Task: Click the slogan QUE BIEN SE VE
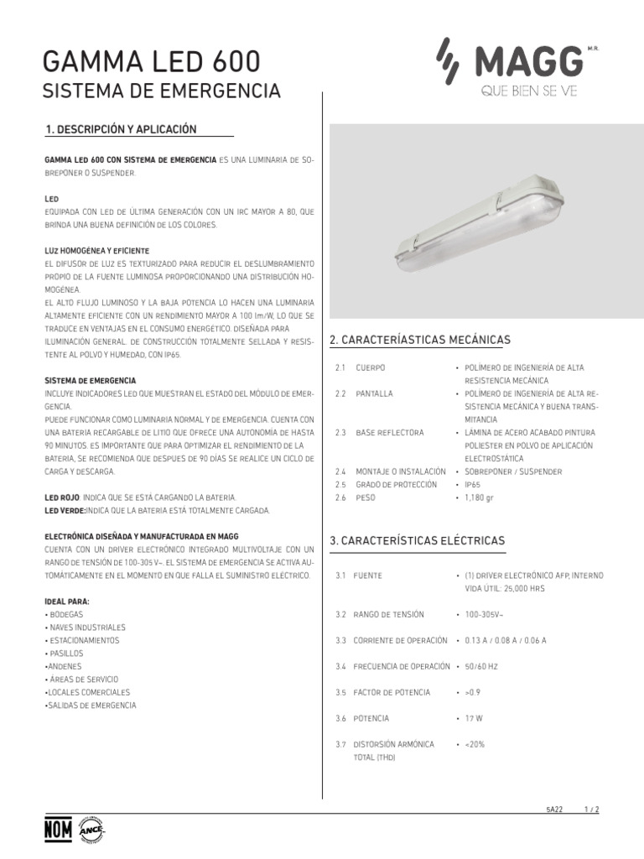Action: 529,92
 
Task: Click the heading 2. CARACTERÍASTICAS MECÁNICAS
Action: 420,340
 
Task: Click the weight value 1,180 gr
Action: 475,497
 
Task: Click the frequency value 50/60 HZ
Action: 481,666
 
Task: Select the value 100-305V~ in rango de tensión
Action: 485,614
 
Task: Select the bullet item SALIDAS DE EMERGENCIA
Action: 90,705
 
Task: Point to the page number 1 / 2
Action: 592,809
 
